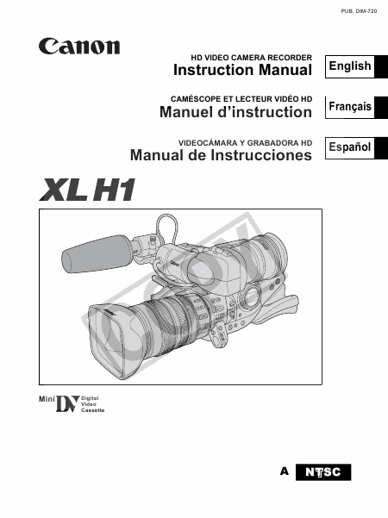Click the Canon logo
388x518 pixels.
click(x=79, y=47)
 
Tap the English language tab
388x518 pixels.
click(x=350, y=66)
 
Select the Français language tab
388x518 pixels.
click(x=350, y=107)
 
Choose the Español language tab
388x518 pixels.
click(x=350, y=147)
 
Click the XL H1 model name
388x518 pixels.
click(x=87, y=190)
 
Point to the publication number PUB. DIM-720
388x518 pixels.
click(x=359, y=11)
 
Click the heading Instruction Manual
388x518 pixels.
click(x=242, y=70)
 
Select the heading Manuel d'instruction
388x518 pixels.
click(x=235, y=112)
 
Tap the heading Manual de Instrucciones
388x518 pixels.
click(x=221, y=155)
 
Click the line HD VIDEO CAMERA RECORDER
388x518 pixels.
click(x=251, y=58)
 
